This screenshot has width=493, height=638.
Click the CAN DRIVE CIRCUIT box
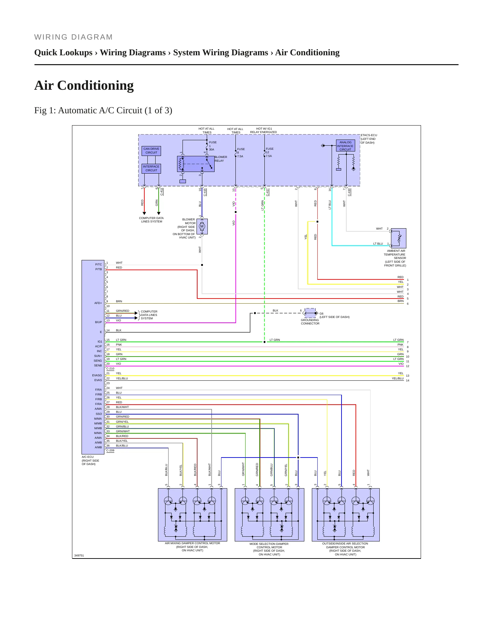[151, 151]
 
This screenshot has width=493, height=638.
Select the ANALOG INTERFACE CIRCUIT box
[345, 146]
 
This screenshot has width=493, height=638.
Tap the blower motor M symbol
[202, 227]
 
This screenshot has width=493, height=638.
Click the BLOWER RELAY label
[221, 159]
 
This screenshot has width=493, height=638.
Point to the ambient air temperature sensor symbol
[398, 238]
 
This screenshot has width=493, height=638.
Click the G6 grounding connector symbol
[310, 313]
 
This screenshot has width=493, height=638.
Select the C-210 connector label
[110, 369]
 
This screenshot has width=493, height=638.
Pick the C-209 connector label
[110, 450]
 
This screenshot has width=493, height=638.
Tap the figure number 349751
[79, 555]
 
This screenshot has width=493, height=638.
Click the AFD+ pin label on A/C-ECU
[98, 303]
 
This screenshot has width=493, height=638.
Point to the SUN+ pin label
[98, 356]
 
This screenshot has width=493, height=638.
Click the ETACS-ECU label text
[369, 135]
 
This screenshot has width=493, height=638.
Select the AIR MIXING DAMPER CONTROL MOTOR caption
[192, 543]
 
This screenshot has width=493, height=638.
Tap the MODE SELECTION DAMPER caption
[269, 544]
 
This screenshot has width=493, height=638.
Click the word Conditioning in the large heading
[96, 85]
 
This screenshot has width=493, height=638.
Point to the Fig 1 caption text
[103, 111]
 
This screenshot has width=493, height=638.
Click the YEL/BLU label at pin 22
[122, 378]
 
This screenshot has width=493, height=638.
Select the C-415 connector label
[205, 192]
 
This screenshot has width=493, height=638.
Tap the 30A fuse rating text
[212, 149]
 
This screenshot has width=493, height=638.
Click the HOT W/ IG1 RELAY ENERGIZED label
[263, 130]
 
